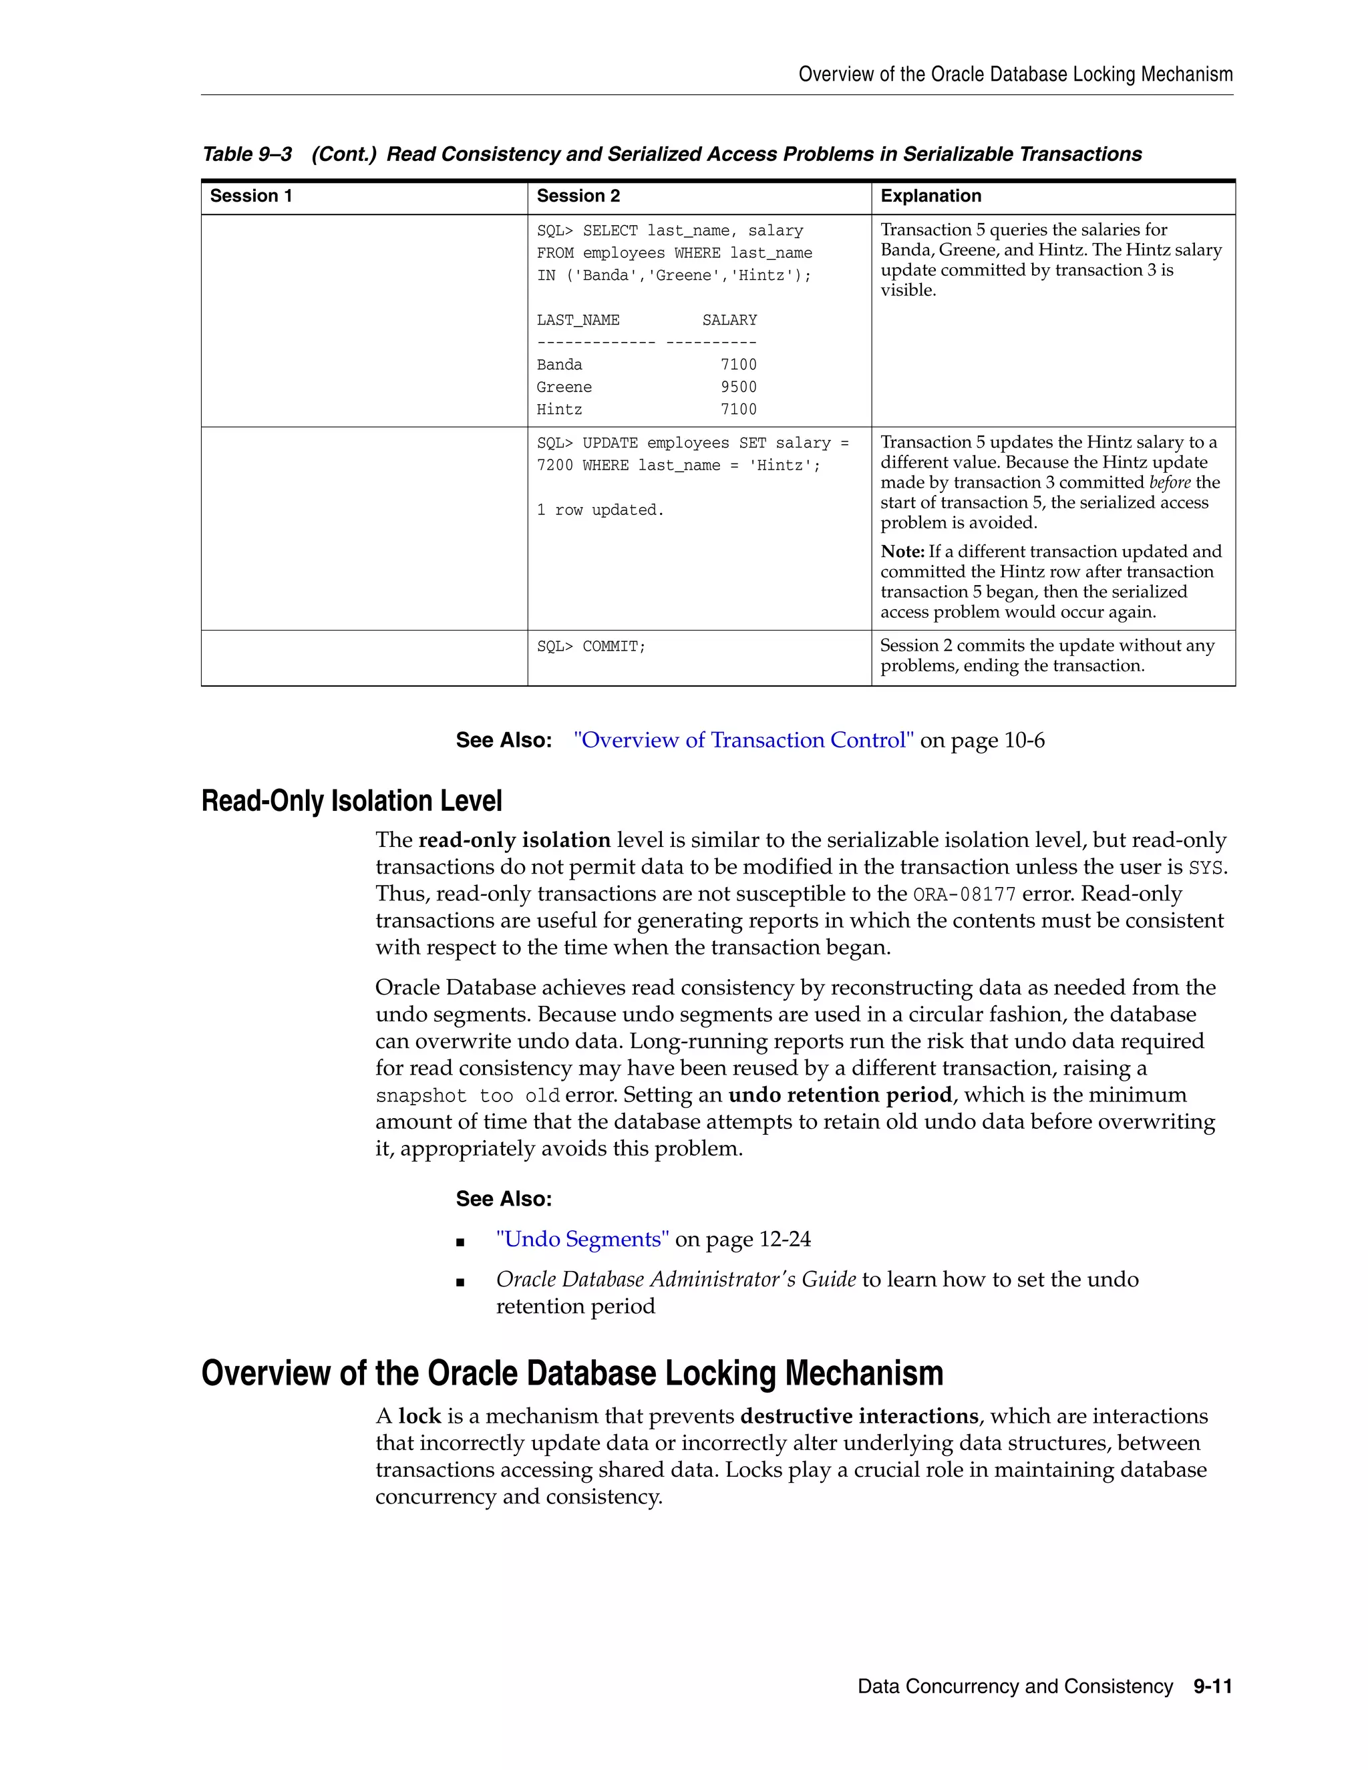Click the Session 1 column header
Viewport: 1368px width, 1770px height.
point(250,196)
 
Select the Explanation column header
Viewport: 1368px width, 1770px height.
point(930,196)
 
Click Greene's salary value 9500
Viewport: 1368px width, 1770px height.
point(738,387)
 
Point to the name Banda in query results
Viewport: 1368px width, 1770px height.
point(559,365)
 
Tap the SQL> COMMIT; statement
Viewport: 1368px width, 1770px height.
point(590,647)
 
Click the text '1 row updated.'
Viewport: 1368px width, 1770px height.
point(600,510)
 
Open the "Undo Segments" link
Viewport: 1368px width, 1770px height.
point(582,1239)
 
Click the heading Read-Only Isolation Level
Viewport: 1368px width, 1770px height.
point(352,801)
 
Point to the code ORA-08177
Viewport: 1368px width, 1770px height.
point(964,895)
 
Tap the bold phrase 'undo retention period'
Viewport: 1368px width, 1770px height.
point(840,1095)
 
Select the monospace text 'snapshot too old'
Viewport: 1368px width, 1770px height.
point(468,1097)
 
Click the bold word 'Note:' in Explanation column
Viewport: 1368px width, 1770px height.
point(902,552)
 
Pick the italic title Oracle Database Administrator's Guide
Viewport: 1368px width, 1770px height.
point(676,1280)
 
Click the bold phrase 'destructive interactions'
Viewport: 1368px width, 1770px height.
point(859,1416)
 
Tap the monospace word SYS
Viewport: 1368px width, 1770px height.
point(1205,868)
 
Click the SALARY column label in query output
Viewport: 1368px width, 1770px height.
point(729,320)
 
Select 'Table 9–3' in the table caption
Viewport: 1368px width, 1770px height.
point(246,154)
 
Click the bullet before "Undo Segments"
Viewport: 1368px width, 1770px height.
point(460,1242)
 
